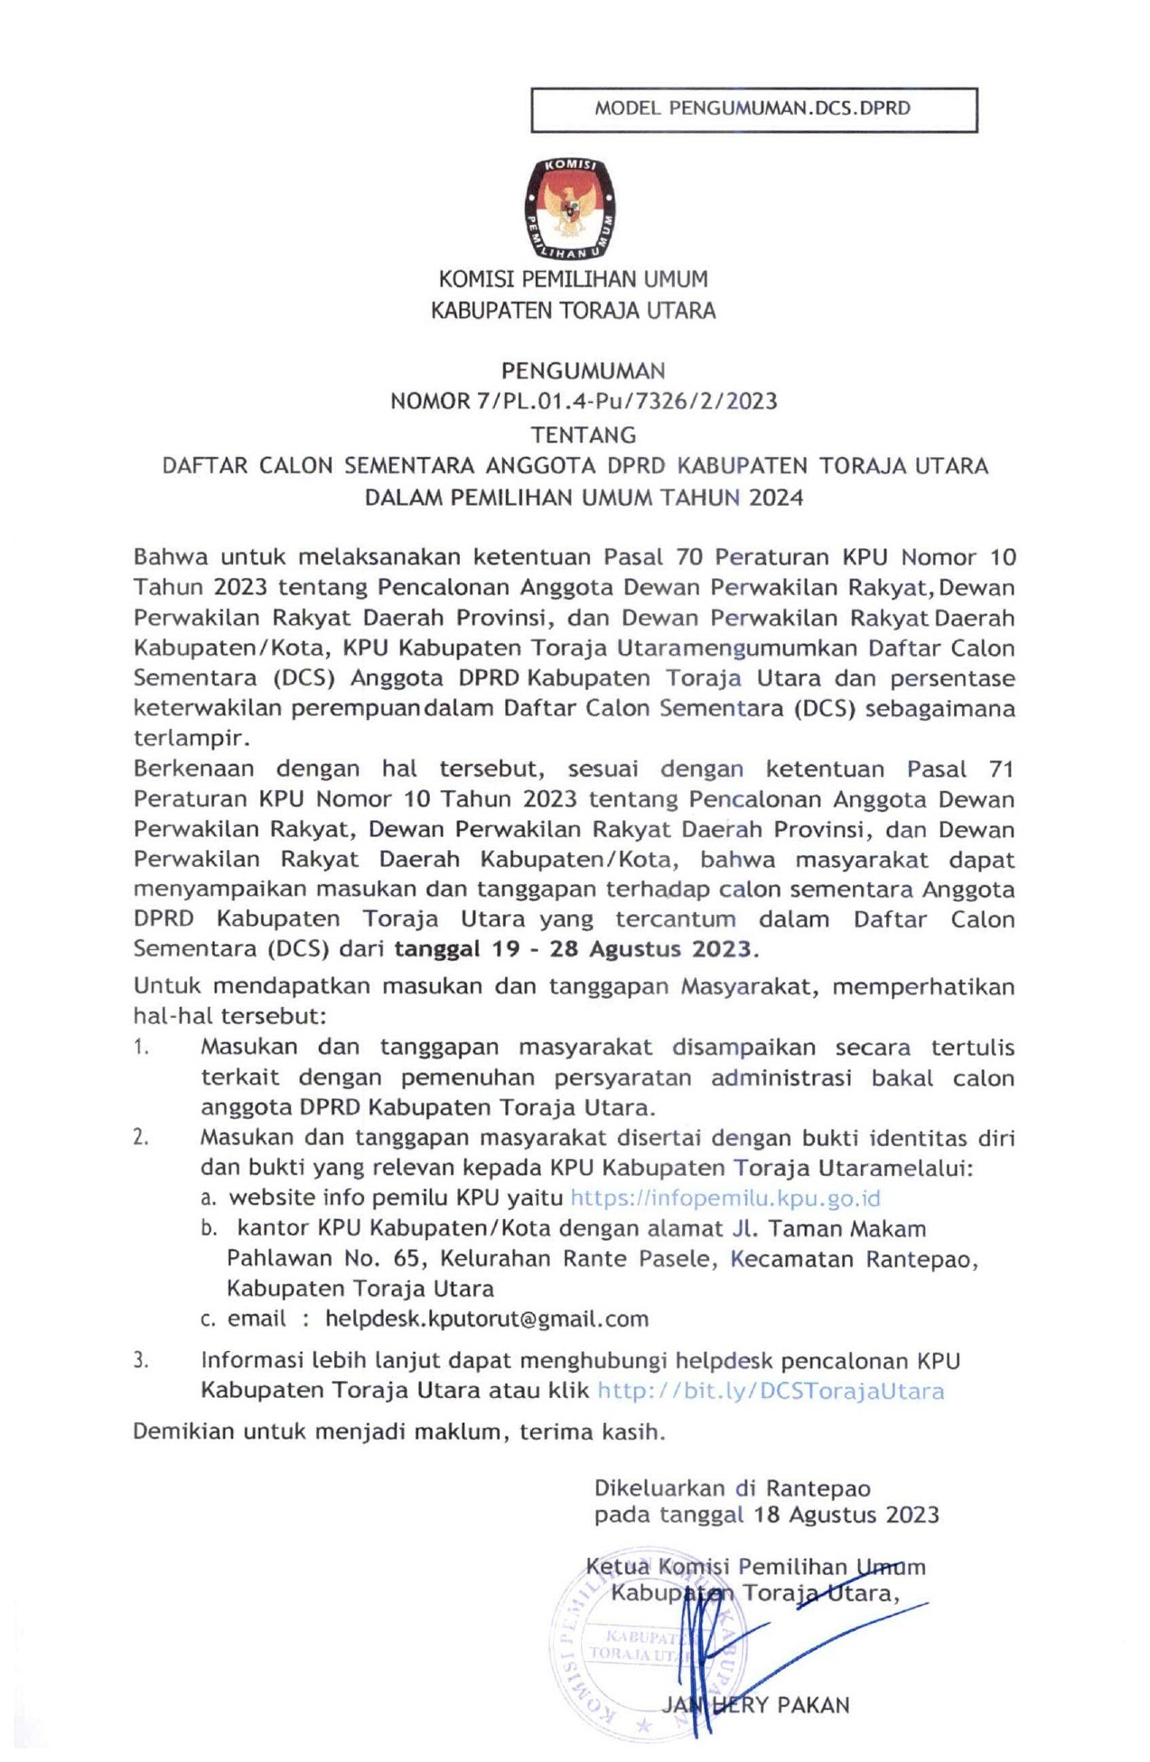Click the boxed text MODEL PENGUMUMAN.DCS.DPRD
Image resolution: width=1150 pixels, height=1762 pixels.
753,109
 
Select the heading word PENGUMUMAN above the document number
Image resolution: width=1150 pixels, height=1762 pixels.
583,370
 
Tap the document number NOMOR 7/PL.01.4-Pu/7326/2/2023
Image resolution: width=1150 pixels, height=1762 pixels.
584,401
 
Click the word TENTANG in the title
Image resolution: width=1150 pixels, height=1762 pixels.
583,435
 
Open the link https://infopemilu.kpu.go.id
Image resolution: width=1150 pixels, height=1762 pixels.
725,1198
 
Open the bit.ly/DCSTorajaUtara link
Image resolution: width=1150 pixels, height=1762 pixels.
771,1391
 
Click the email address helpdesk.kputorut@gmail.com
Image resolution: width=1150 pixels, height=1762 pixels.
486,1319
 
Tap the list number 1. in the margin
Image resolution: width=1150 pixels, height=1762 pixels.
141,1048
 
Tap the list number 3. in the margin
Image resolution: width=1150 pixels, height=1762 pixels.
141,1361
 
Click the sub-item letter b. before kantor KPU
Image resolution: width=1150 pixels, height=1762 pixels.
210,1229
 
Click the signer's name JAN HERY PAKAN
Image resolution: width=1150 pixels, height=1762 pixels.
755,1705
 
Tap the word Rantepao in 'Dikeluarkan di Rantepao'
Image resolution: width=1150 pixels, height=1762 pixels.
818,1487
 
